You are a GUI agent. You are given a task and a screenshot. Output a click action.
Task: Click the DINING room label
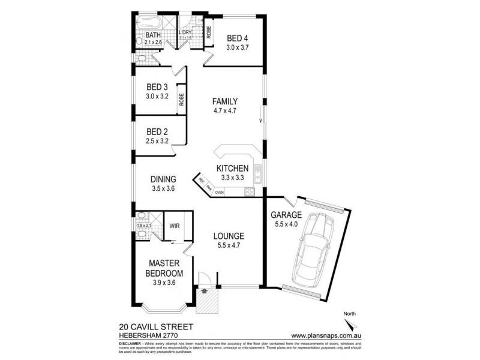tap(163, 179)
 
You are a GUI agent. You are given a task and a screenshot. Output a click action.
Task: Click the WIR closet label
tap(175, 226)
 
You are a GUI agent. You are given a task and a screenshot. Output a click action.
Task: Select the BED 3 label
tap(157, 86)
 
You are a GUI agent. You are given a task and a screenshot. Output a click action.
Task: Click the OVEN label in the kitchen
tap(220, 193)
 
